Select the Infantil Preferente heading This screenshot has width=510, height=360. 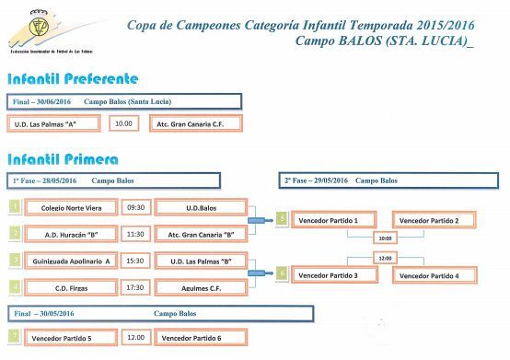point(73,79)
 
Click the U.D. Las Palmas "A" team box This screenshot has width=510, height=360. point(54,123)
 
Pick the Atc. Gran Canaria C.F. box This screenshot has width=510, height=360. point(195,123)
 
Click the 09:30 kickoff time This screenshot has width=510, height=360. point(136,208)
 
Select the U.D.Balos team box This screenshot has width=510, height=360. point(200,208)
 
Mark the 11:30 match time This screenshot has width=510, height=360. point(136,234)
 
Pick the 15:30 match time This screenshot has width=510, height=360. point(136,261)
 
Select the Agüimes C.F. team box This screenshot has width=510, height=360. point(200,287)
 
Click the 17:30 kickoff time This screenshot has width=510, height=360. point(136,287)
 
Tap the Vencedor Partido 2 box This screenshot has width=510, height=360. point(435,220)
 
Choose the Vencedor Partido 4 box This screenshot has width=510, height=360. point(435,274)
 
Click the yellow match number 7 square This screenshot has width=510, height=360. point(13,337)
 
